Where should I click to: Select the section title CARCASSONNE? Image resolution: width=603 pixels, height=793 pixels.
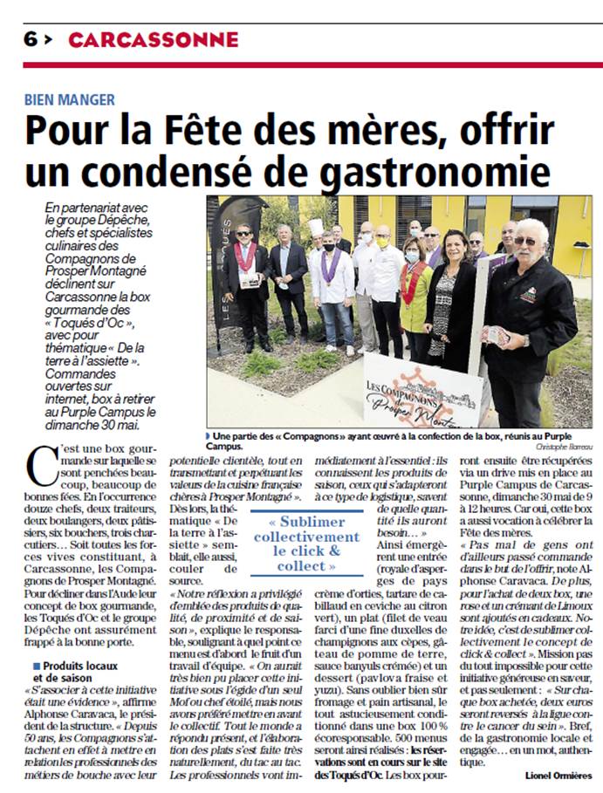153,39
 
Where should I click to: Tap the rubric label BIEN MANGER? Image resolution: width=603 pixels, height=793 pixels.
70,99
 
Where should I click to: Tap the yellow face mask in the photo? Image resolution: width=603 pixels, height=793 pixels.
382,242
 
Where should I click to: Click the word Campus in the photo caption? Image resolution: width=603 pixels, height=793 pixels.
223,446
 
